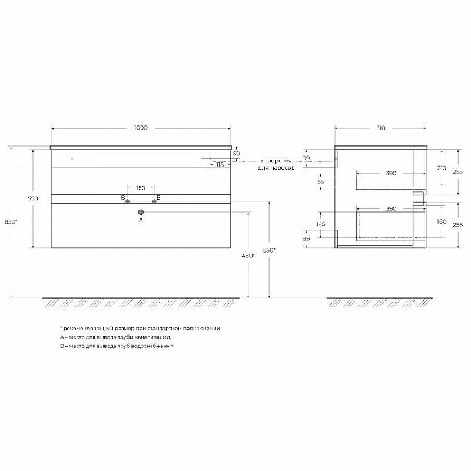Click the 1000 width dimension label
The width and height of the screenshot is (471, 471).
141,128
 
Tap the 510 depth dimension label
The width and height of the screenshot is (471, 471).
380,128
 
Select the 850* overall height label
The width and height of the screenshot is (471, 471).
11,222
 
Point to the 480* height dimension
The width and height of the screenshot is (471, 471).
248,256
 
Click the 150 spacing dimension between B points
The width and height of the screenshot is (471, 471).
141,188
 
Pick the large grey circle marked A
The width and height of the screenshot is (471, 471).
141,212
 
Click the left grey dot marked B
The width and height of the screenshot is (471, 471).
127,201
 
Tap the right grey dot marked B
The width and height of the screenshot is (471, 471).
154,201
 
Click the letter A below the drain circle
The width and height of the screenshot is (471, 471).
141,220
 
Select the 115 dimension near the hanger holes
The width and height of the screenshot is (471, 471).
220,165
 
